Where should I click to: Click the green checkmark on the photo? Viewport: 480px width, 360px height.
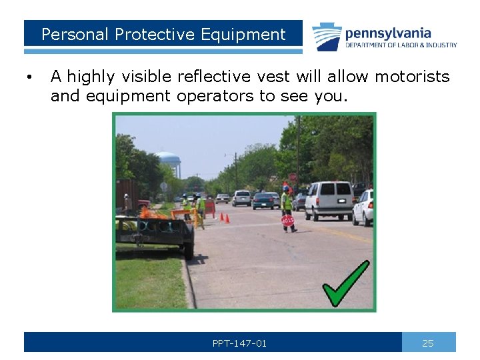[345, 283]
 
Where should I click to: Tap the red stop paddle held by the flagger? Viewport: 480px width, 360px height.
[287, 220]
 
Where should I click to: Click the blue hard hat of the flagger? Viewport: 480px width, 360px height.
[286, 189]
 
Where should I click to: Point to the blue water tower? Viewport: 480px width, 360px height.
[168, 161]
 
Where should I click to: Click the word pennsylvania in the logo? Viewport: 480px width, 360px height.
[388, 33]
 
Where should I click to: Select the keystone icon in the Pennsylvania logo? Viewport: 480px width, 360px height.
[327, 37]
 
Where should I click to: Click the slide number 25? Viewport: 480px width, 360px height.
[428, 343]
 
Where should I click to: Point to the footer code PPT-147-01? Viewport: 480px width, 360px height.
[239, 343]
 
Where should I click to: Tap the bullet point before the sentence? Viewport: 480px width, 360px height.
[29, 78]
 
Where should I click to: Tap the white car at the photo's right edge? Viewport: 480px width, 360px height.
[363, 208]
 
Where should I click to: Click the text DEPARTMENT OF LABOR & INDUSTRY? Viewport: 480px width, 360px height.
[401, 45]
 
